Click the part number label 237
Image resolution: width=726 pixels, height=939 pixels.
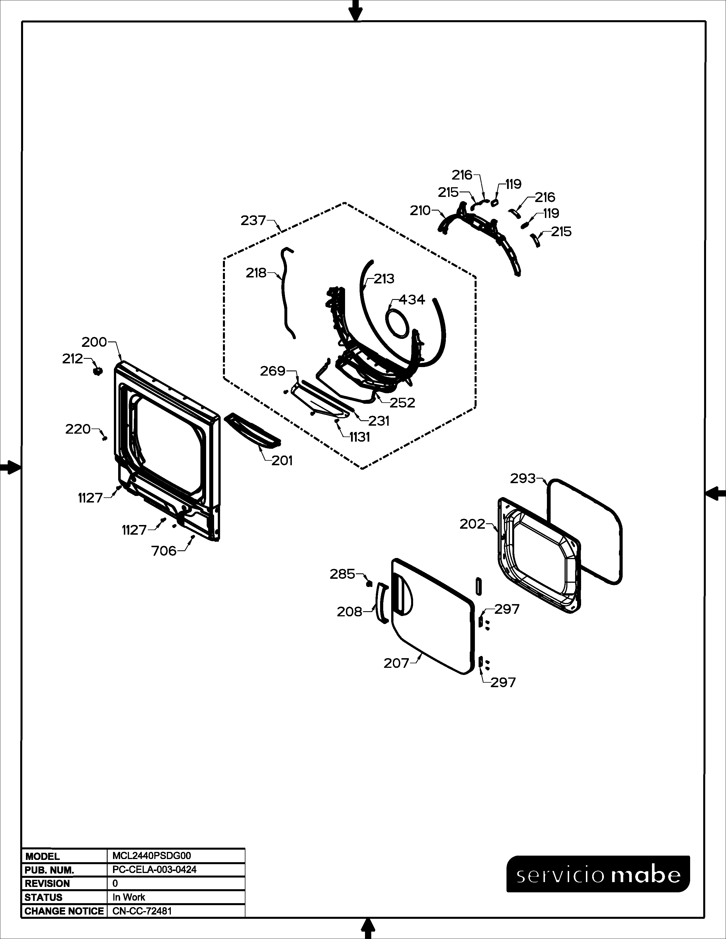pyautogui.click(x=253, y=221)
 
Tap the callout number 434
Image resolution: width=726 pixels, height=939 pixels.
pyautogui.click(x=412, y=300)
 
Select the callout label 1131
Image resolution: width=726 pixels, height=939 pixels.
pyautogui.click(x=360, y=437)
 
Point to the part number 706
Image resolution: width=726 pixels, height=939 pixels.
pyautogui.click(x=164, y=551)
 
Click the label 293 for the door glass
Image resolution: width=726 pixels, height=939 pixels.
pyautogui.click(x=523, y=479)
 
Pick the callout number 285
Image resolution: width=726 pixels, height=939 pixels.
pyautogui.click(x=342, y=574)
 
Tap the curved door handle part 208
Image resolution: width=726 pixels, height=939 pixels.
pyautogui.click(x=381, y=602)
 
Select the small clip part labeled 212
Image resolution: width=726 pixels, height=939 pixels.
pyautogui.click(x=98, y=370)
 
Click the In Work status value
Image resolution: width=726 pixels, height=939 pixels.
pyautogui.click(x=129, y=897)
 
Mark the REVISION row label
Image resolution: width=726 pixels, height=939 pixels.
pyautogui.click(x=47, y=884)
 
